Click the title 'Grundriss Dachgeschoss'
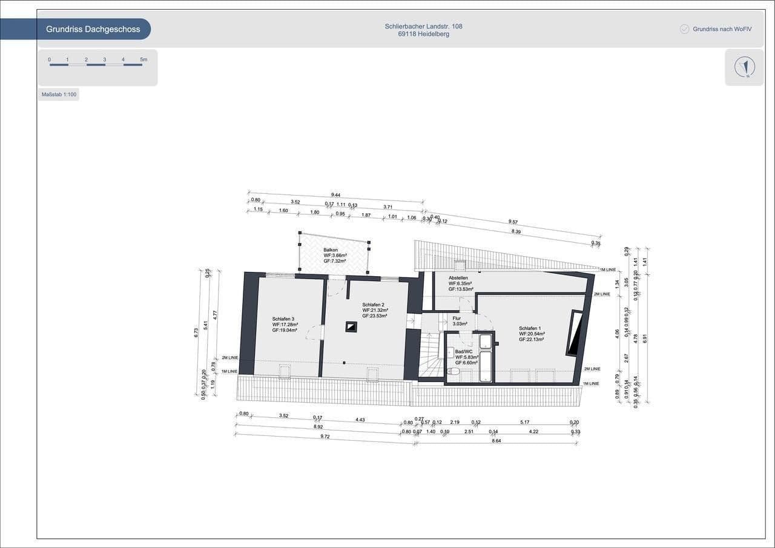point(93,29)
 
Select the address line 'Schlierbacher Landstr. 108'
point(423,26)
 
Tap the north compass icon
point(745,67)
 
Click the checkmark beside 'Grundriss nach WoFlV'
point(685,29)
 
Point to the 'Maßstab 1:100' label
point(59,94)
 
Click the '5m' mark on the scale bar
point(143,59)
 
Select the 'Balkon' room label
point(331,250)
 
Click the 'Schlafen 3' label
point(283,319)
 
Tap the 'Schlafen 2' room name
point(374,305)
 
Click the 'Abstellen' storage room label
point(458,278)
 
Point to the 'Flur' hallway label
point(457,318)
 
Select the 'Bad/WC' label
point(463,352)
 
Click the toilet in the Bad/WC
point(453,371)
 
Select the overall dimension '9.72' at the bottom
point(325,436)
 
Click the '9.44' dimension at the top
point(335,195)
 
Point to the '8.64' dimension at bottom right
point(496,441)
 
